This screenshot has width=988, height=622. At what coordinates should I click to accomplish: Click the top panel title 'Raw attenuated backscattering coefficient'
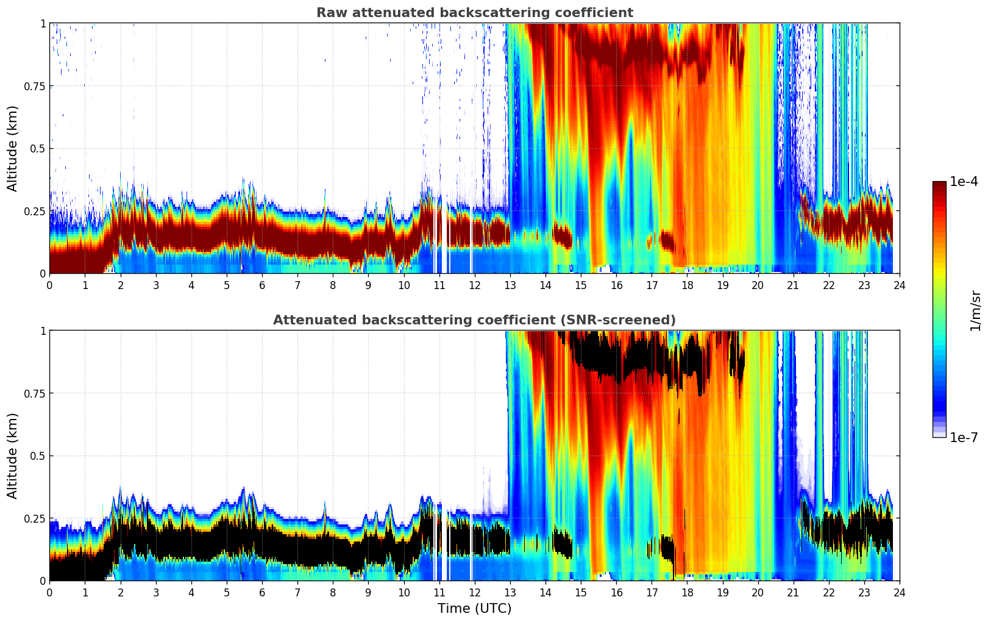474,13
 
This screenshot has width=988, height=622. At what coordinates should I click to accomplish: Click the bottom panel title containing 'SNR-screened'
474,320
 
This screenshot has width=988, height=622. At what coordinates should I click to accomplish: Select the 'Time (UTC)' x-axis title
474,609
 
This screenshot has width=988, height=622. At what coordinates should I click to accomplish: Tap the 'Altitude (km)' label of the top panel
13,148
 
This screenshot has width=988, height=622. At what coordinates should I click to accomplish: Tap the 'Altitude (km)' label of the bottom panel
13,456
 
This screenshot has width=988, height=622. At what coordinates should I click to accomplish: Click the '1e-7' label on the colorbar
964,437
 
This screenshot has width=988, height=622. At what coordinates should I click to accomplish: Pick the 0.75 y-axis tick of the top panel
35,86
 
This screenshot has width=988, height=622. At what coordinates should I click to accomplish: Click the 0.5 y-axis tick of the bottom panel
38,456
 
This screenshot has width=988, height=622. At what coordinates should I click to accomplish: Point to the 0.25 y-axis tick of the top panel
35,211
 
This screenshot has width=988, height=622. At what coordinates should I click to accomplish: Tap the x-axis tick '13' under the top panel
510,285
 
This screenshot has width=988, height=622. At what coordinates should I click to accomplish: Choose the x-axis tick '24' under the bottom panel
900,592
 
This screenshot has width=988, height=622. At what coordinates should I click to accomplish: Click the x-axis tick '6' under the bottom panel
262,592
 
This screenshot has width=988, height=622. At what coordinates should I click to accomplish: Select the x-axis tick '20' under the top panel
758,285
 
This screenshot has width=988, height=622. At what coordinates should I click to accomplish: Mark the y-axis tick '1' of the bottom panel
43,331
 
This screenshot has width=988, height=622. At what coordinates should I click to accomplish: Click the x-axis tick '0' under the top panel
49,285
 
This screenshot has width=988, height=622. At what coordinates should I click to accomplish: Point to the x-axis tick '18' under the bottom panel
687,592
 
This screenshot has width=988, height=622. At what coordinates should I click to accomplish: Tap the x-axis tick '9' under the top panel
368,285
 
